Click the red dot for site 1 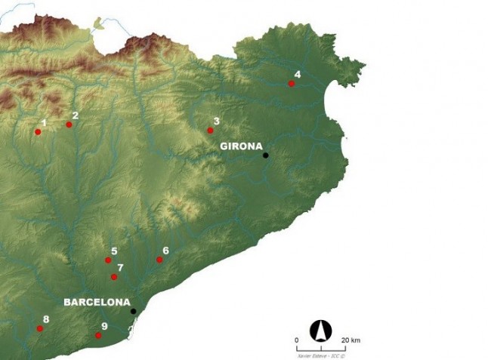click(38, 132)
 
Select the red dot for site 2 click(69, 125)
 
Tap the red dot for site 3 click(211, 131)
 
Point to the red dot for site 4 click(292, 84)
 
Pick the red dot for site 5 click(108, 260)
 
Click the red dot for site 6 click(159, 260)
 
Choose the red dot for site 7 click(114, 277)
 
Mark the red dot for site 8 click(40, 328)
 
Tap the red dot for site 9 click(98, 335)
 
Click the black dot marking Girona click(265, 155)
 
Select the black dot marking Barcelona click(133, 311)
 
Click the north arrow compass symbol click(321, 330)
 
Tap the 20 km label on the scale click(351, 340)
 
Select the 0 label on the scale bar click(297, 340)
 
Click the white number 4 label click(297, 74)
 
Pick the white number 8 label click(46, 319)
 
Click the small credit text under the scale click(322, 351)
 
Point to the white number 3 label click(216, 121)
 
